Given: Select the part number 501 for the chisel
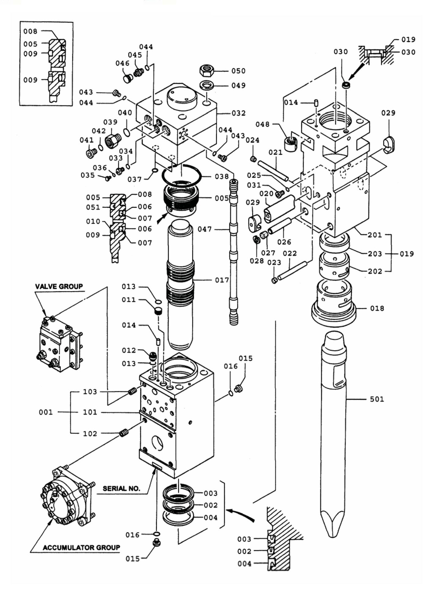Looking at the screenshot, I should pyautogui.click(x=377, y=399).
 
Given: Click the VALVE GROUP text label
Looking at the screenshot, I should pyautogui.click(x=59, y=287).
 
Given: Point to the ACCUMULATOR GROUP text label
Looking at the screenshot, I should pyautogui.click(x=81, y=547).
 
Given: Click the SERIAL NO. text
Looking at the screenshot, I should pyautogui.click(x=121, y=488).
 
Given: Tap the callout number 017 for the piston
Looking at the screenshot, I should pyautogui.click(x=222, y=280).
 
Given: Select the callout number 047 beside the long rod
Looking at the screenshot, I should pyautogui.click(x=205, y=229).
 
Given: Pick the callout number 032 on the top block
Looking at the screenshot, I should pyautogui.click(x=238, y=113).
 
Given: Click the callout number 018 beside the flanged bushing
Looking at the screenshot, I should pyautogui.click(x=377, y=308).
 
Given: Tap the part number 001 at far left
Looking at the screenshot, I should pyautogui.click(x=46, y=412).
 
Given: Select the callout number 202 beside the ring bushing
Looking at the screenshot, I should pyautogui.click(x=375, y=271).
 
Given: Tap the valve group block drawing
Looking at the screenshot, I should pyautogui.click(x=60, y=344).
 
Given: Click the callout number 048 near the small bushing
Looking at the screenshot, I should pyautogui.click(x=262, y=124).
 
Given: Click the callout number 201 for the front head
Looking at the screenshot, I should pyautogui.click(x=375, y=235).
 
